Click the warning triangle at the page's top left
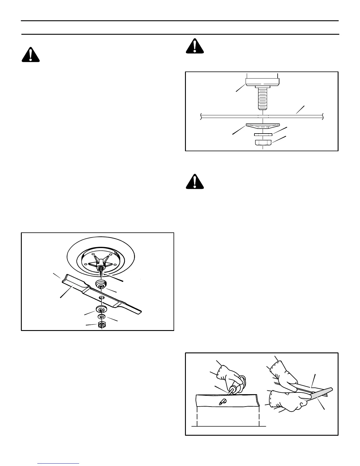[31, 54]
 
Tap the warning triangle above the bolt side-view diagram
[195, 46]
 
